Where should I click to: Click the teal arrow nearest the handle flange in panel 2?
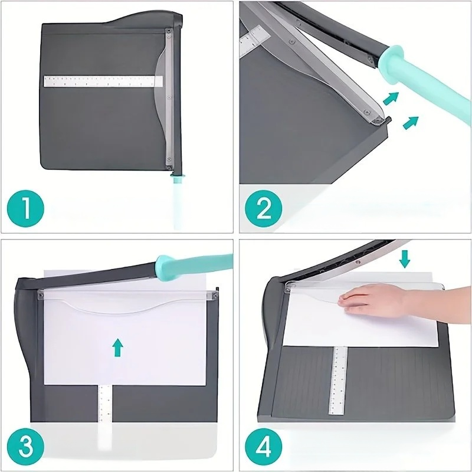tap(391, 97)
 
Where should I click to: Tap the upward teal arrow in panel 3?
tap(119, 348)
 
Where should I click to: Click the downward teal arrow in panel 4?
tap(405, 258)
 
